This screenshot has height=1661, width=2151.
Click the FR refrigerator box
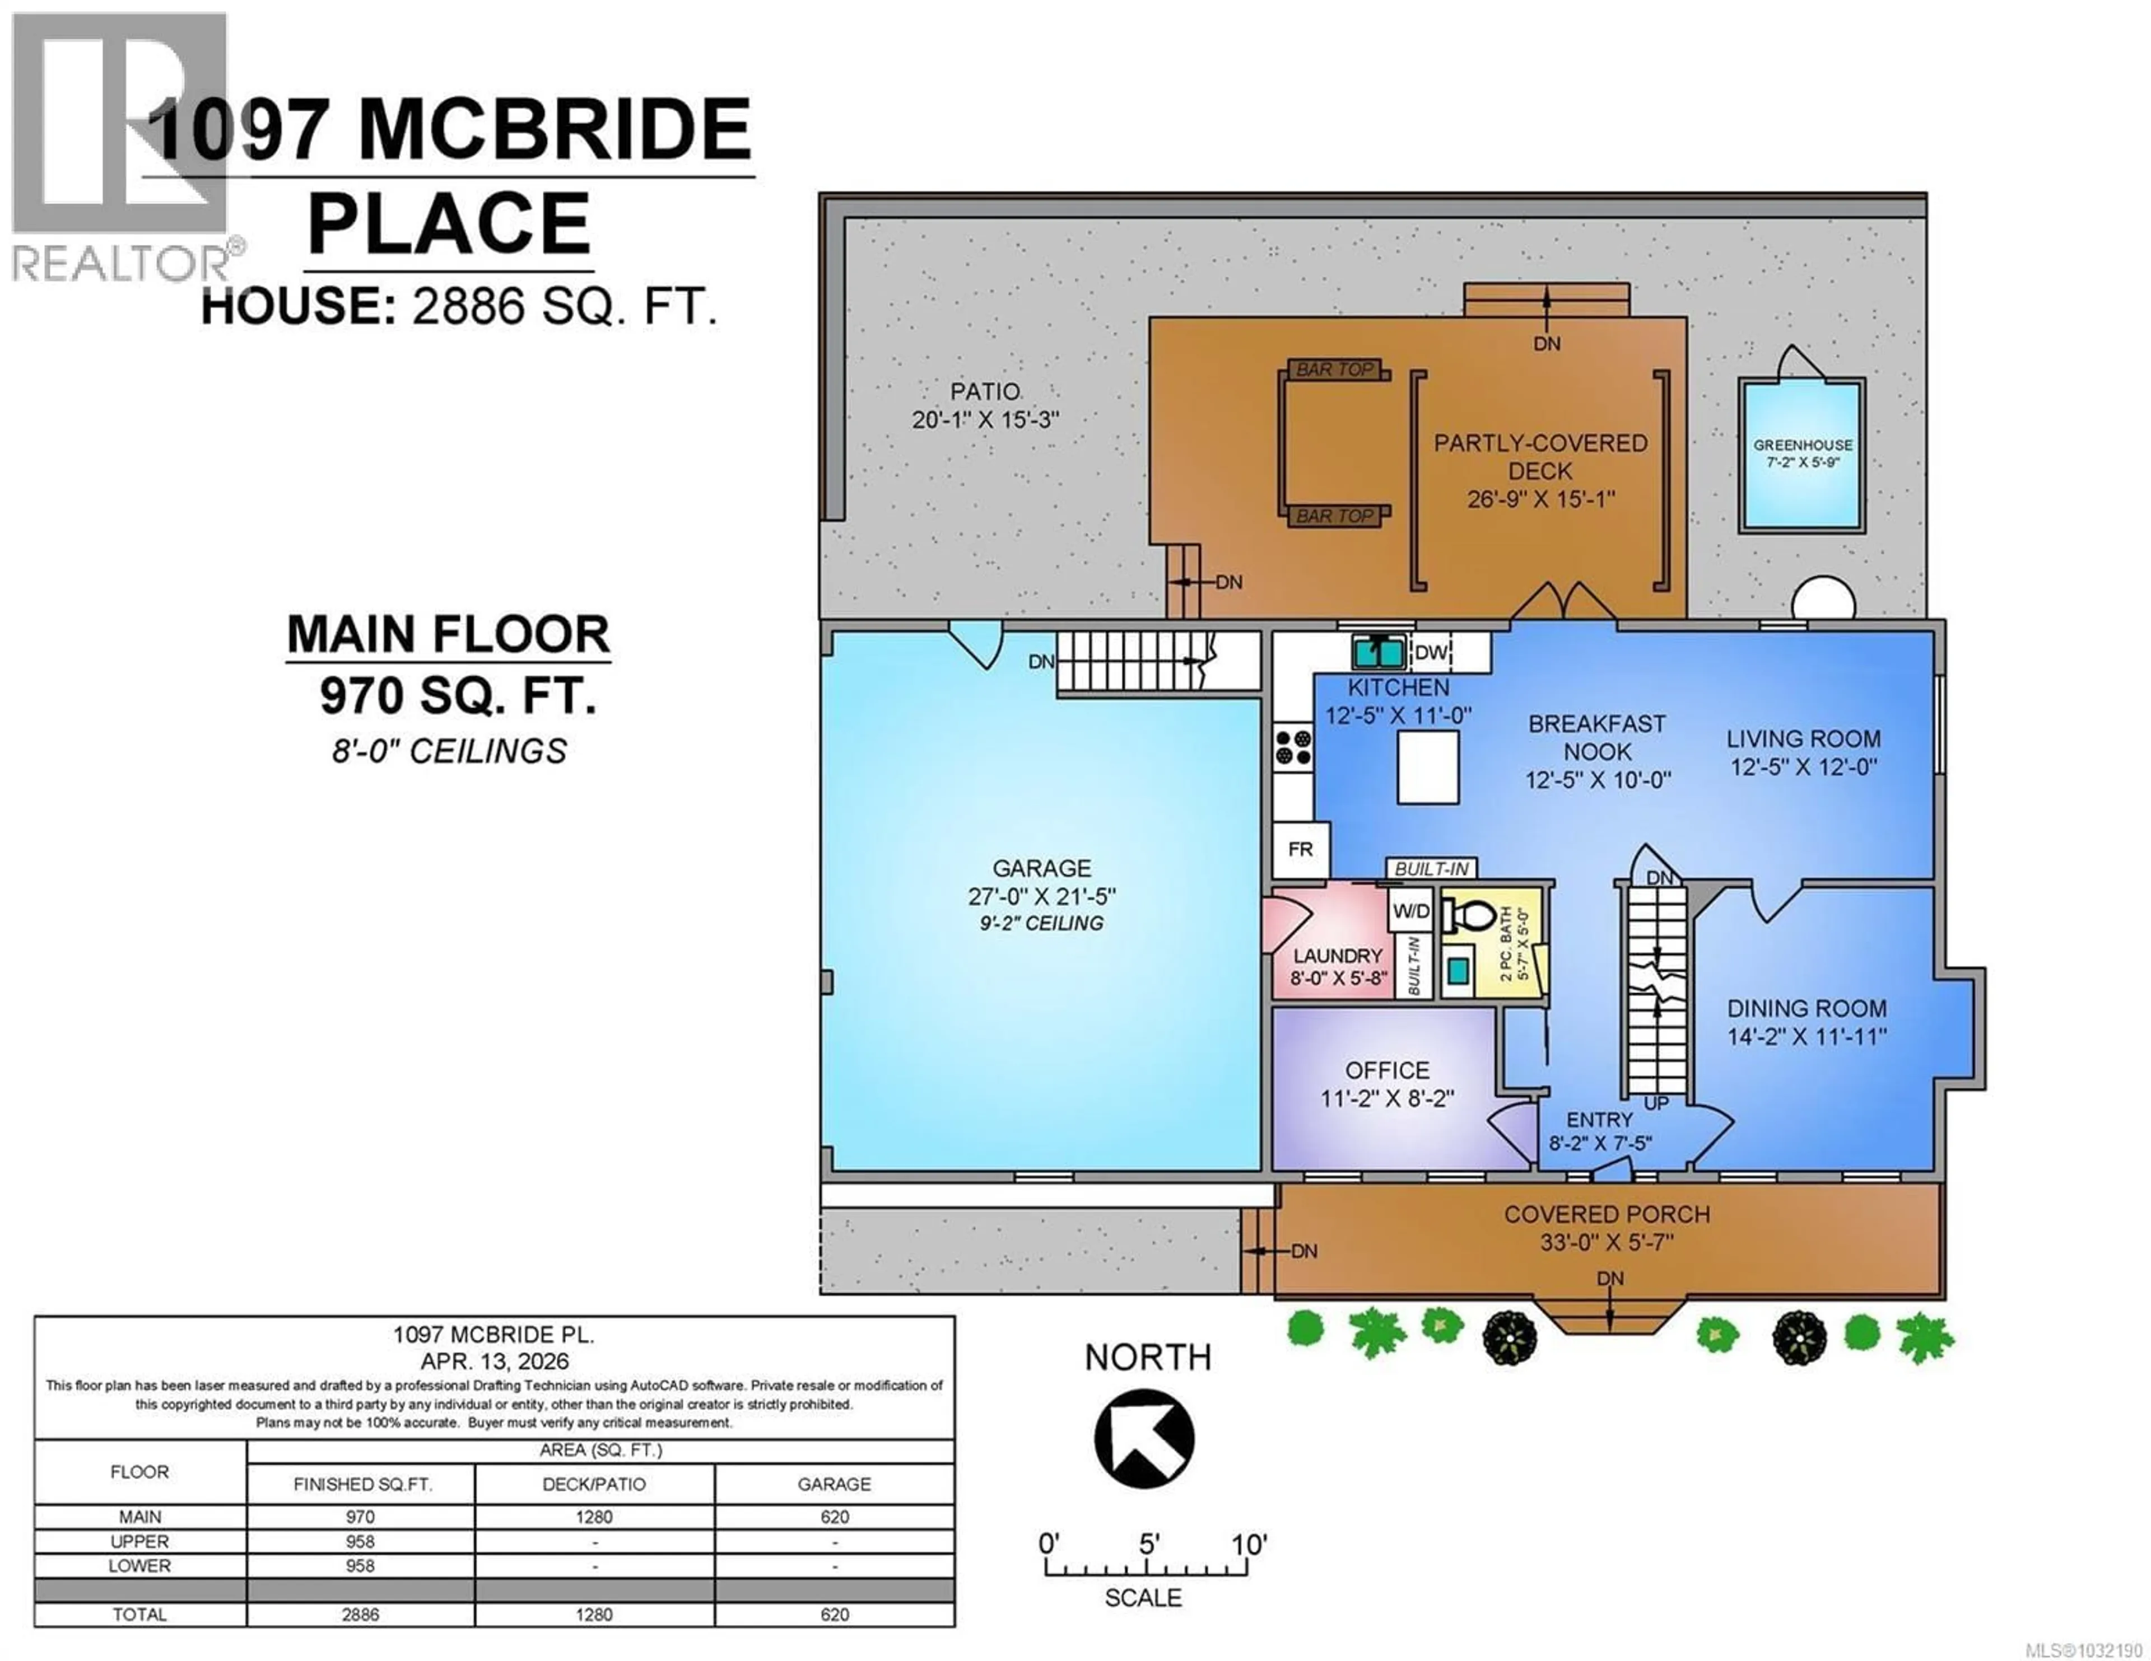coord(1300,849)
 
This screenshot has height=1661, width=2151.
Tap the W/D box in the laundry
coord(1410,911)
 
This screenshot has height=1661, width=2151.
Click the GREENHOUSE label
coord(1803,445)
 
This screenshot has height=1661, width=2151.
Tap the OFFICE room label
coord(1387,1070)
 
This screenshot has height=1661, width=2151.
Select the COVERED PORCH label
coord(1607,1214)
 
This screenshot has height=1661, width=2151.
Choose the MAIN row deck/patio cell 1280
coord(594,1516)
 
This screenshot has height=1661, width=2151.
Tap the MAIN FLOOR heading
coord(448,634)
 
